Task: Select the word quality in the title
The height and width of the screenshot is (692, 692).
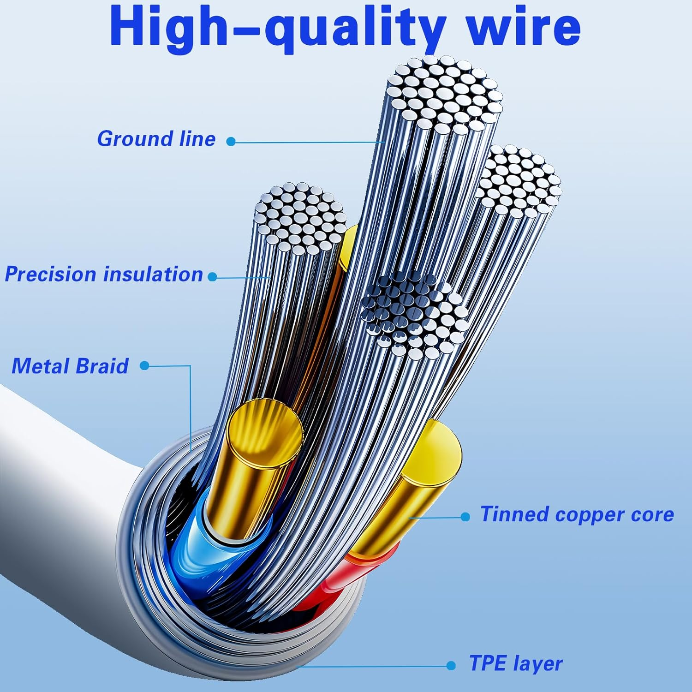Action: click(355, 29)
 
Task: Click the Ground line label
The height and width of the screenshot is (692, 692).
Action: click(156, 139)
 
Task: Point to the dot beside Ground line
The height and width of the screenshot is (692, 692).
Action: click(231, 142)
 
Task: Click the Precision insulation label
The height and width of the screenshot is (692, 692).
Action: click(104, 274)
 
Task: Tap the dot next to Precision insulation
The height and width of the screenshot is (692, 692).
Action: click(212, 277)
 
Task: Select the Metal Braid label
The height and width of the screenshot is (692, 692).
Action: click(70, 366)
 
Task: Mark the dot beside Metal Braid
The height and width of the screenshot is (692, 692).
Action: click(144, 365)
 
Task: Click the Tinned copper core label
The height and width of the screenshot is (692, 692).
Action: click(577, 514)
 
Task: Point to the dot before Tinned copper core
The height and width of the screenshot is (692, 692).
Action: click(465, 517)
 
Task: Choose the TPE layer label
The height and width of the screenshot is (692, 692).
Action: click(516, 663)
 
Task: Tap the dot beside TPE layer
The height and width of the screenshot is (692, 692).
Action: click(451, 665)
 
